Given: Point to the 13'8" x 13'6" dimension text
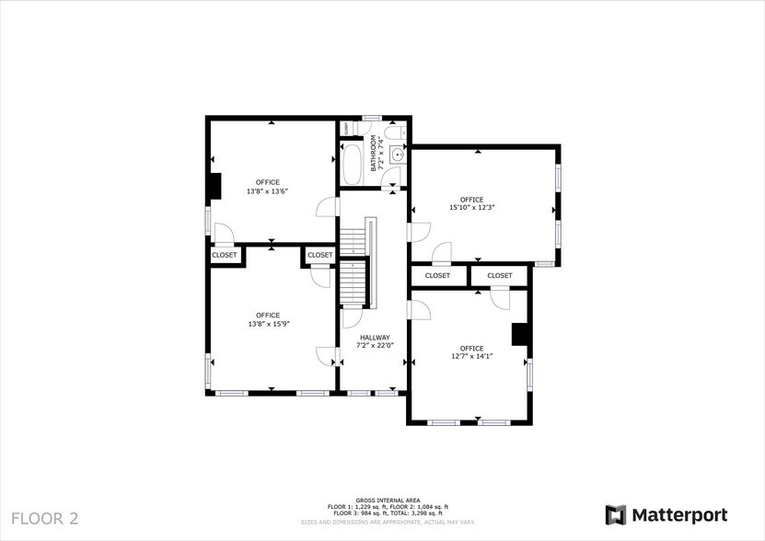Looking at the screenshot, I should click(x=268, y=191).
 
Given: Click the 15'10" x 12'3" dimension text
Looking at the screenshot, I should click(x=471, y=208).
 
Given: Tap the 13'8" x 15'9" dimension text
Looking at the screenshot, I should click(x=268, y=324).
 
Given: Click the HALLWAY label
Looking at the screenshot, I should click(x=375, y=338).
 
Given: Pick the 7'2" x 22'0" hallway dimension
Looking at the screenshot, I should click(x=375, y=346).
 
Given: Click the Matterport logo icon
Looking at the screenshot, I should click(x=615, y=514).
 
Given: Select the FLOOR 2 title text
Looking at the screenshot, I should click(x=45, y=518).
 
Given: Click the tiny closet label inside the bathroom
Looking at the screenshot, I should click(x=345, y=129).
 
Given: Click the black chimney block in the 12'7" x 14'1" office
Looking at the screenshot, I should click(x=521, y=334).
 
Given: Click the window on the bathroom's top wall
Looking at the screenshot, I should click(x=372, y=118).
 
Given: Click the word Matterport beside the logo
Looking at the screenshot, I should click(x=679, y=514).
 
